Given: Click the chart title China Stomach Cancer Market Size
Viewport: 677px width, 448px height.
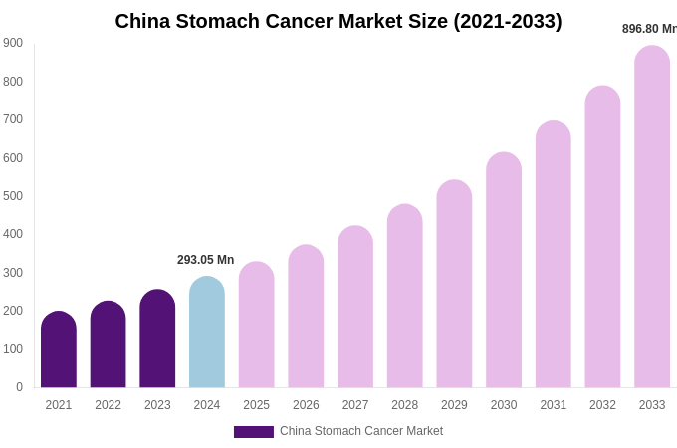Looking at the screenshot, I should coord(338,21).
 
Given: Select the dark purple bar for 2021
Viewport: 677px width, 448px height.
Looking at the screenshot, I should coord(59,350).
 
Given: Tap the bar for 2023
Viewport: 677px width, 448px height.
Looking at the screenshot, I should coord(157,339).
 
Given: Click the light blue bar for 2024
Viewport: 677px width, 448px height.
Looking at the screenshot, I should coord(207,334).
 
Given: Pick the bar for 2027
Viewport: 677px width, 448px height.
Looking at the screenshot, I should coord(355,308).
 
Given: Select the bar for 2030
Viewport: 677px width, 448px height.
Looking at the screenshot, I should coord(504,271).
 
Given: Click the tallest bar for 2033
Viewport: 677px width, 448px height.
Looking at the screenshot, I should coord(652,217).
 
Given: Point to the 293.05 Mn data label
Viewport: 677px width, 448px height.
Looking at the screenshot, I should coord(206,260).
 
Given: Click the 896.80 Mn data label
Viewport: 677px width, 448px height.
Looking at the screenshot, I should coord(649,29).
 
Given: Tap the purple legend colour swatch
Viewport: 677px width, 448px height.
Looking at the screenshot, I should coord(253,432).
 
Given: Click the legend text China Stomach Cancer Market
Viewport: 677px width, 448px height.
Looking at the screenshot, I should coord(361,431).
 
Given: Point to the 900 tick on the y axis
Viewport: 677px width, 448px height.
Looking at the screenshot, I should coord(13,43).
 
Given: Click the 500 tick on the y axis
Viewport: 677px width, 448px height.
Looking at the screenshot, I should coord(13,196).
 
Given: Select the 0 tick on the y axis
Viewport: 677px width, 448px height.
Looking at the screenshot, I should coord(19,387).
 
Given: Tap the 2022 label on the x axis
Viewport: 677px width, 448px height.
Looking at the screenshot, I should coord(108,405).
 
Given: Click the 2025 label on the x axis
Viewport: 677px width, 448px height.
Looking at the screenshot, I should coord(256,405).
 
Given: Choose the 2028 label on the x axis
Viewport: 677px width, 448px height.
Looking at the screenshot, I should coord(404,405).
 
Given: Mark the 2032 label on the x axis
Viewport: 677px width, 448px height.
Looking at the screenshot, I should coord(602,405).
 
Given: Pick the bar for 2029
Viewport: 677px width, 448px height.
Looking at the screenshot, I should coord(454,285).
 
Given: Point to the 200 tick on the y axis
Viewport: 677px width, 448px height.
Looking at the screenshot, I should coord(13,311).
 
